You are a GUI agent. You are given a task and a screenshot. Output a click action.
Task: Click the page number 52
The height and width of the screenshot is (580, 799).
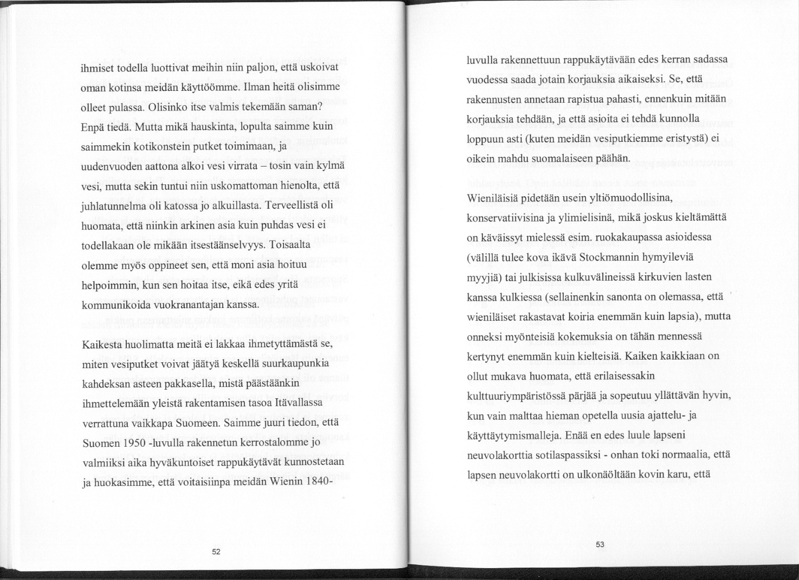[x=216, y=552]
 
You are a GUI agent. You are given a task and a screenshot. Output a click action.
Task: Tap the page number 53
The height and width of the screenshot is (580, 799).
[x=600, y=545]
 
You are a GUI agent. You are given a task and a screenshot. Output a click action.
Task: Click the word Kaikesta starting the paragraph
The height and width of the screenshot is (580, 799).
[x=105, y=345]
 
